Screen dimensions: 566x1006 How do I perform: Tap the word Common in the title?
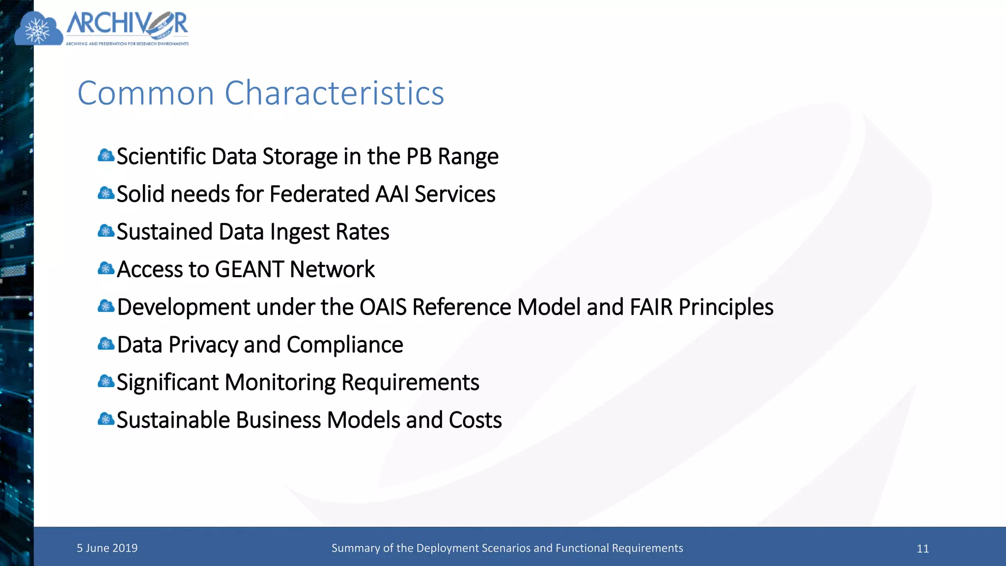[x=146, y=93]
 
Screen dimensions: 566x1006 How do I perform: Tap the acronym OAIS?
[x=383, y=307]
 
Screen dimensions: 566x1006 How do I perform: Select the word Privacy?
[x=203, y=345]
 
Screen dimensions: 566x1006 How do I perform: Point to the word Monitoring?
[x=280, y=383]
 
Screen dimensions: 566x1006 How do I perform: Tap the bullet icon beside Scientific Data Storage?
[x=106, y=156]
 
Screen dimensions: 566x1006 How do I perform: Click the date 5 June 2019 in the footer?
[x=107, y=548]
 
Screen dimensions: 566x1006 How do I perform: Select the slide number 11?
[x=922, y=549]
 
